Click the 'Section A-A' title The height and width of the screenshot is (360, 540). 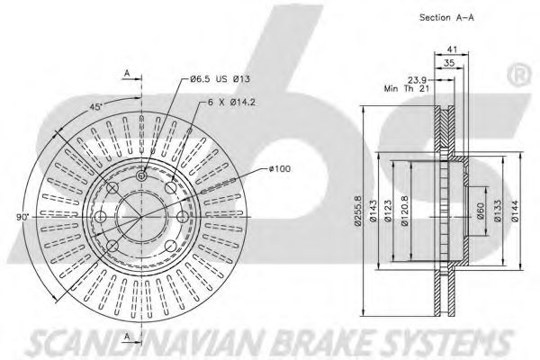pos(447,17)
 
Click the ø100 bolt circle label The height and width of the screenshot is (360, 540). pos(281,167)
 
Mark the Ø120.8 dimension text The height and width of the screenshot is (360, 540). pos(405,215)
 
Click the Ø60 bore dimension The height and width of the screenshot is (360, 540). pos(479,215)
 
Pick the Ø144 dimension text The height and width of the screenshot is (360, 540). pos(515,215)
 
